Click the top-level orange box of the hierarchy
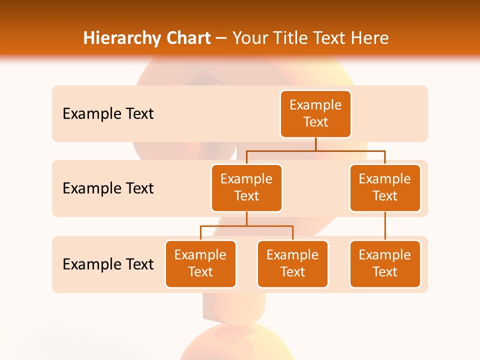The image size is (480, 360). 315,114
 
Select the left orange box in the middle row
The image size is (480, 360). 246,188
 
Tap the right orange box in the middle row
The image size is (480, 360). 385,188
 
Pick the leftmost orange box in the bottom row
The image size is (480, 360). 200,264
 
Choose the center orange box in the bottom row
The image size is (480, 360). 292,264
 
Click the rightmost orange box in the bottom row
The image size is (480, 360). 385,264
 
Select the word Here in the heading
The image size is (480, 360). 369,38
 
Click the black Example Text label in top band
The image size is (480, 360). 108,114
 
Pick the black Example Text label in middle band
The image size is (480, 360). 108,188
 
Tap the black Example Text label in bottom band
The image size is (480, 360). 108,264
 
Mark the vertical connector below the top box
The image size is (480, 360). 315,144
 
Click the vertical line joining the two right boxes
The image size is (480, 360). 385,226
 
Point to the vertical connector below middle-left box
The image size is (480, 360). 246,218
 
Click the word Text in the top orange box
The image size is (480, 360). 315,122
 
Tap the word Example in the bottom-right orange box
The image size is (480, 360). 385,255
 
